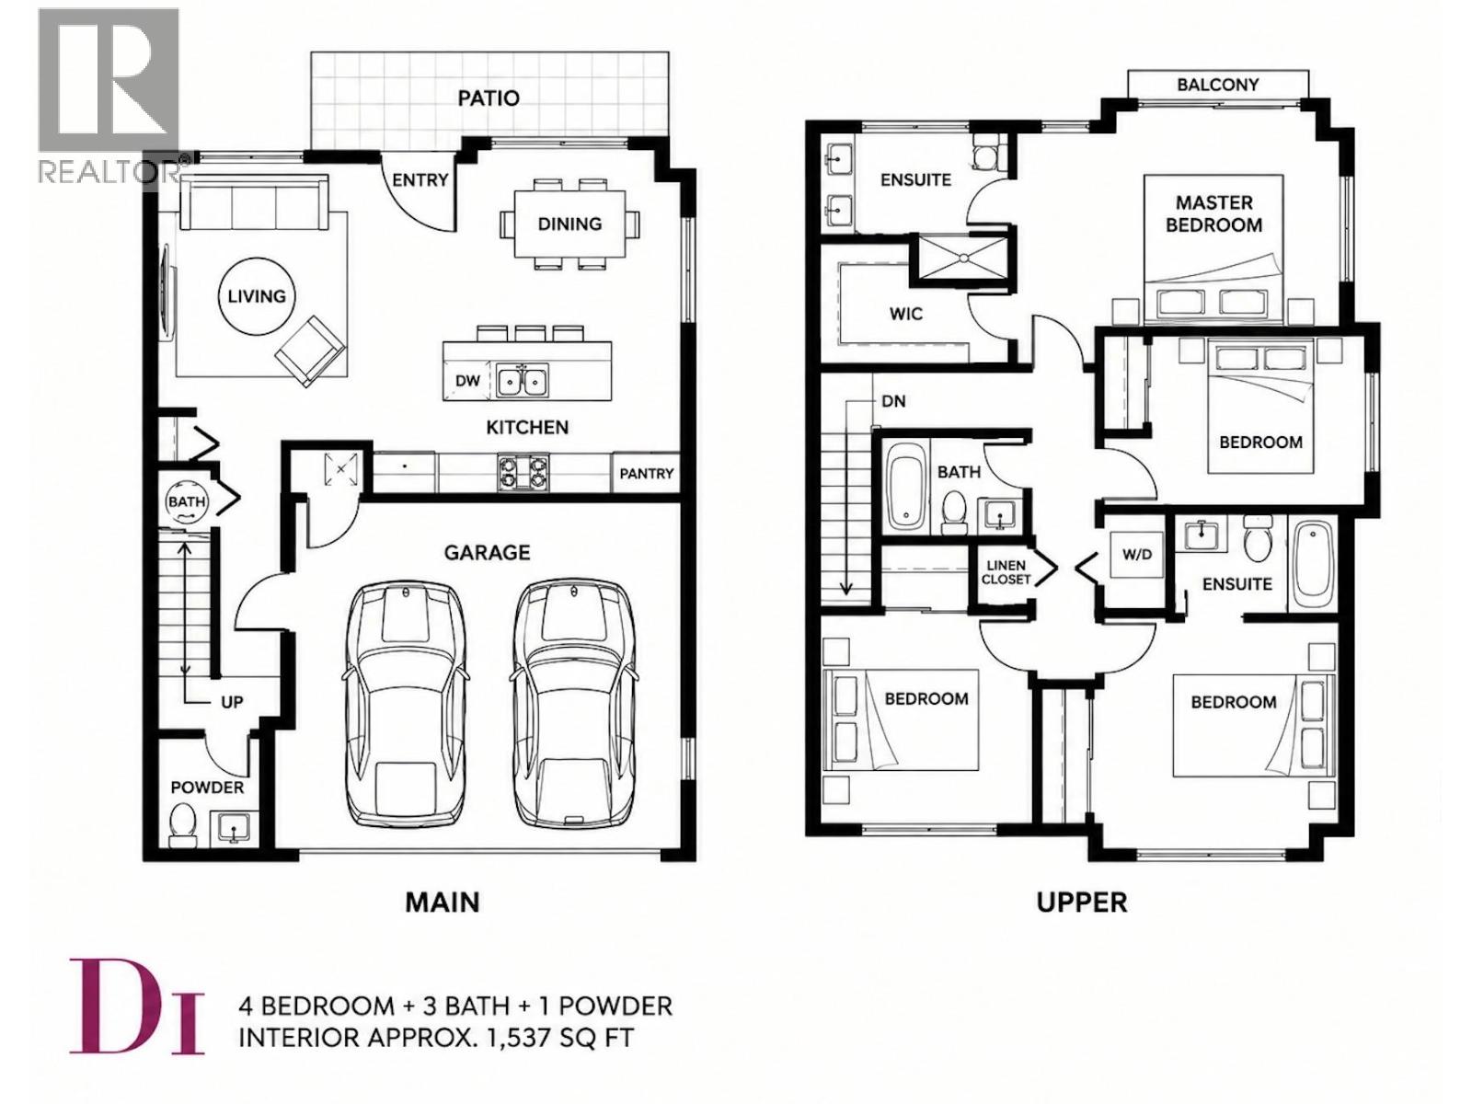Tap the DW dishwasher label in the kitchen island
pos(467,381)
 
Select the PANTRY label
pos(646,473)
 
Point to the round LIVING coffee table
pos(256,296)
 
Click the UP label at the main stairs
pos(232,703)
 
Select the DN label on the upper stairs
pos(893,401)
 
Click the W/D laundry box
pos(1137,555)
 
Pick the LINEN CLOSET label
pos(1006,572)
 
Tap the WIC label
pos(906,314)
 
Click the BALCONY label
pos(1218,85)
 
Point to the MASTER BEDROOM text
pos(1213,213)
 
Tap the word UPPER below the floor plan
pos(1082,903)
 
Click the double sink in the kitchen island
pos(523,381)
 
